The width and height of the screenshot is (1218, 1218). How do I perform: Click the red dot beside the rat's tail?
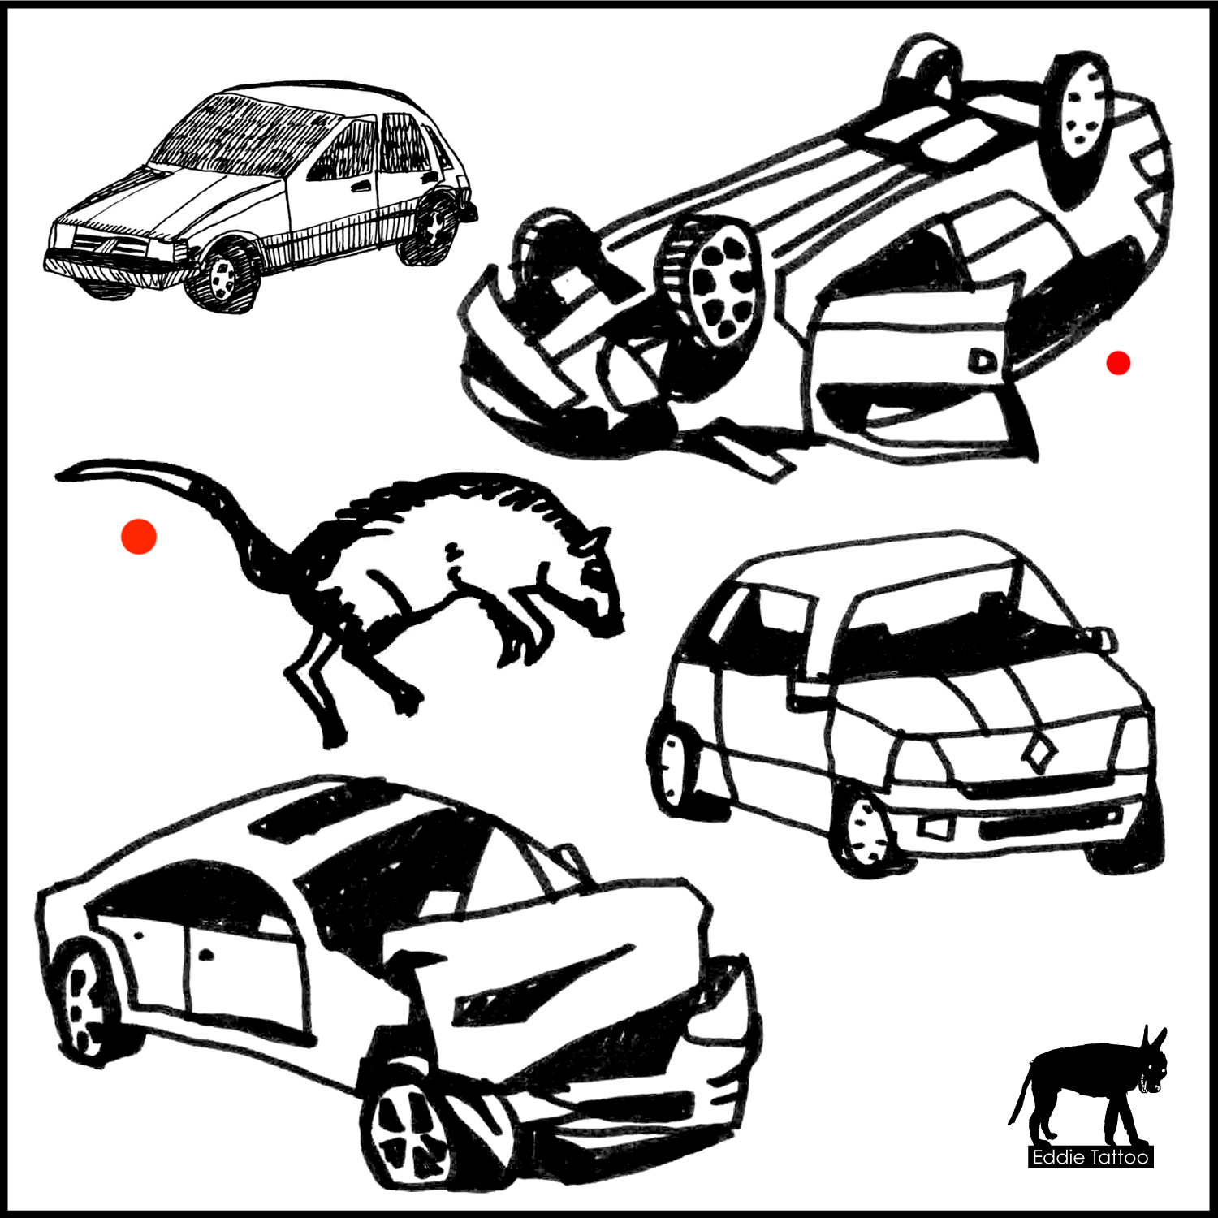[139, 537]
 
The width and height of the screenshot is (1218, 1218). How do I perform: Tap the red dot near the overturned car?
[1118, 363]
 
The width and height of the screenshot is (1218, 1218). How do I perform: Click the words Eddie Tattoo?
[1091, 1156]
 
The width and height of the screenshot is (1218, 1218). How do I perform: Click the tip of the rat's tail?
[58, 475]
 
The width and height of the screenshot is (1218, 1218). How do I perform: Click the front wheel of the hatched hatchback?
[221, 276]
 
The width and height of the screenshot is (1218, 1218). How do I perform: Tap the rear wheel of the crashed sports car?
[85, 1003]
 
